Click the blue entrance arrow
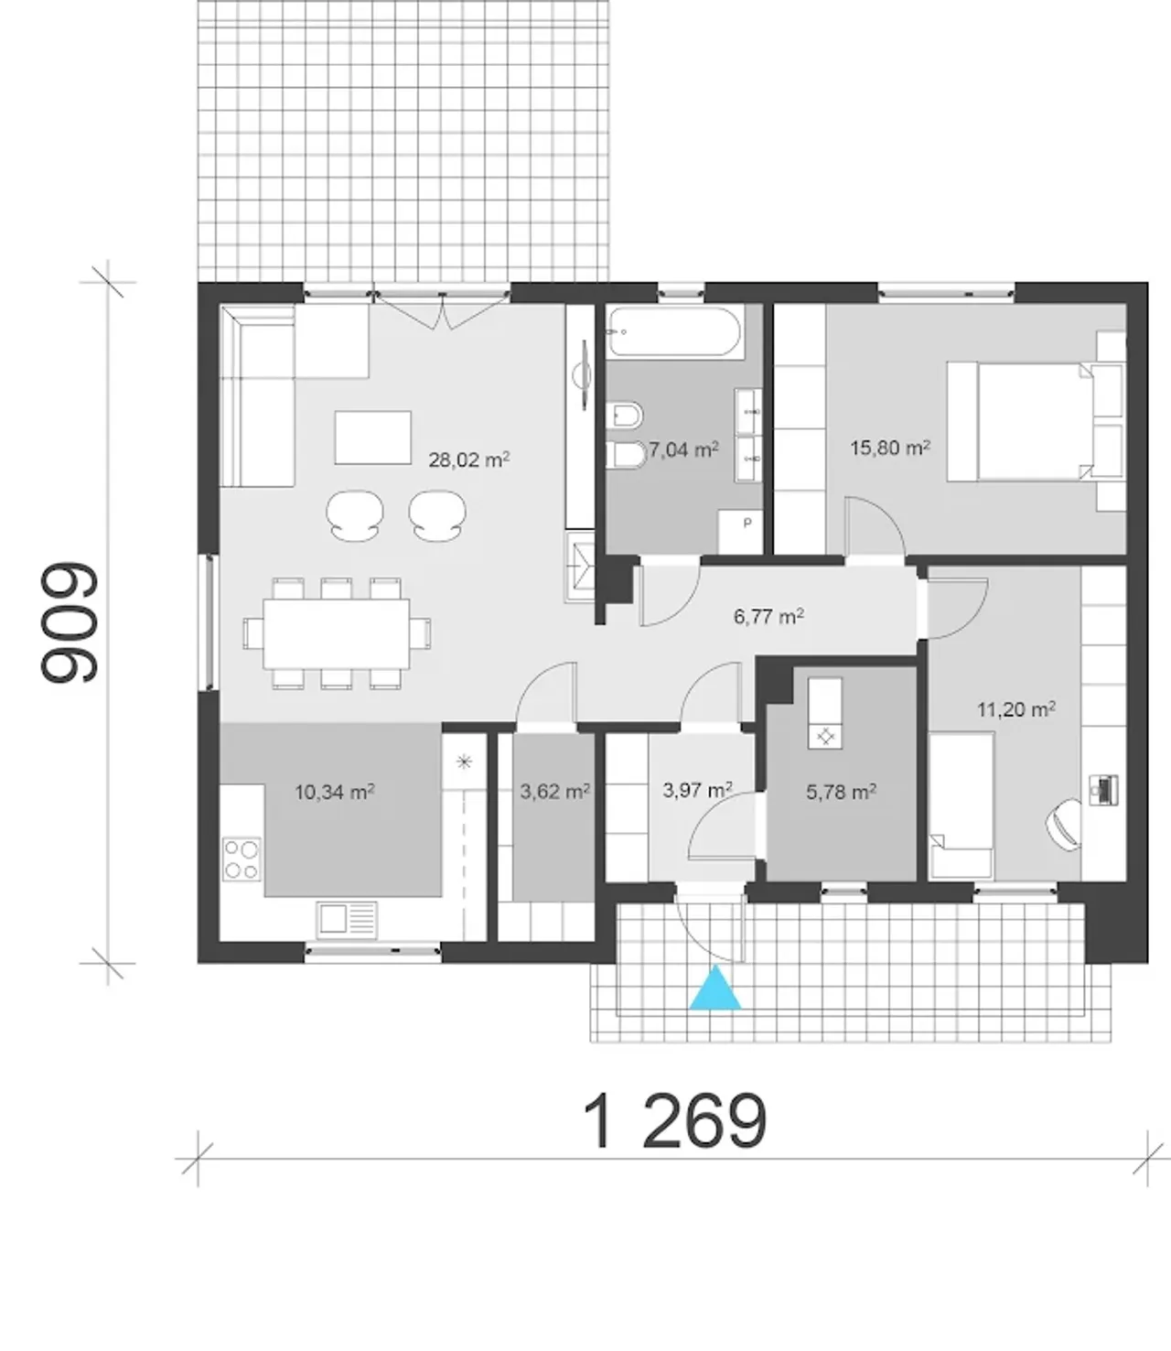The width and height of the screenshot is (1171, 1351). point(715,989)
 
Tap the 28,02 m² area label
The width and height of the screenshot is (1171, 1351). point(468,460)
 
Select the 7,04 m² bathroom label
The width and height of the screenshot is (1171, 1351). point(683,449)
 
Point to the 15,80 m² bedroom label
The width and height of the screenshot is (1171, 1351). point(890,448)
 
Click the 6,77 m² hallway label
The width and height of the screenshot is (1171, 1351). point(768,616)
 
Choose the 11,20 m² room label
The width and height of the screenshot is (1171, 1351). point(1016,709)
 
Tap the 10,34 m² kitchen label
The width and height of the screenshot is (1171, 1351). point(335,792)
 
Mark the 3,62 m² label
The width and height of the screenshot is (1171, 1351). point(554,792)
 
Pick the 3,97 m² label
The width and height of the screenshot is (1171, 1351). point(697,790)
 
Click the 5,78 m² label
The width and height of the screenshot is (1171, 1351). point(841,792)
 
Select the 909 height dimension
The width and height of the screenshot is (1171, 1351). point(70,623)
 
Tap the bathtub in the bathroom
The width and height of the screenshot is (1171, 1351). point(675,332)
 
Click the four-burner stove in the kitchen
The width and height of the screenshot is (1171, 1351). point(242,859)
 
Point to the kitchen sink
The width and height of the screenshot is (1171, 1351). point(347,920)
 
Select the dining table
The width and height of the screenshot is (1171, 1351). point(337,633)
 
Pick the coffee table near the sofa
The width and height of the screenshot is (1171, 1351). point(373,438)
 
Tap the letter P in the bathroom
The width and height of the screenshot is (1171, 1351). point(747,523)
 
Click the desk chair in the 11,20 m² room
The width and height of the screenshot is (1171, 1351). point(1064,826)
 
